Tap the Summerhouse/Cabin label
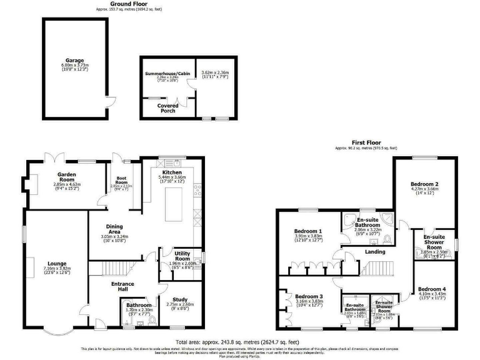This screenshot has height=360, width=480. [167, 74]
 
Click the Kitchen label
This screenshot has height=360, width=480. [172, 171]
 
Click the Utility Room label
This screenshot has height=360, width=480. [182, 255]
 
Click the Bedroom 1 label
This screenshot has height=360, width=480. [308, 231]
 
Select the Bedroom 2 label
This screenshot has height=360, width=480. [424, 184]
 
